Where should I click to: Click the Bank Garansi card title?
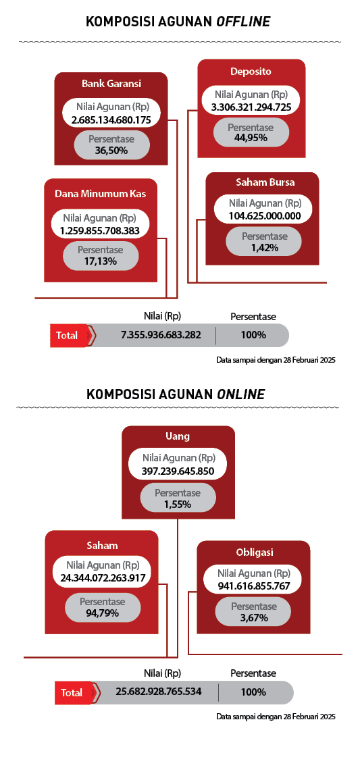click(x=111, y=84)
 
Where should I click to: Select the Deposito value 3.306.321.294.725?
click(x=251, y=107)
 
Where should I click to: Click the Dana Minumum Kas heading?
click(x=100, y=193)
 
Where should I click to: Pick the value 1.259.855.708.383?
click(x=100, y=230)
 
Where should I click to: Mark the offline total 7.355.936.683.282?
click(x=161, y=334)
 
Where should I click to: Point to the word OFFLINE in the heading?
click(x=242, y=22)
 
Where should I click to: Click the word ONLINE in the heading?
click(x=240, y=394)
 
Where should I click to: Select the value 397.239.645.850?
click(x=178, y=470)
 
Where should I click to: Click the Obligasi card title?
click(x=254, y=552)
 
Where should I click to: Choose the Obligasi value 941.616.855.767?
click(x=254, y=586)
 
